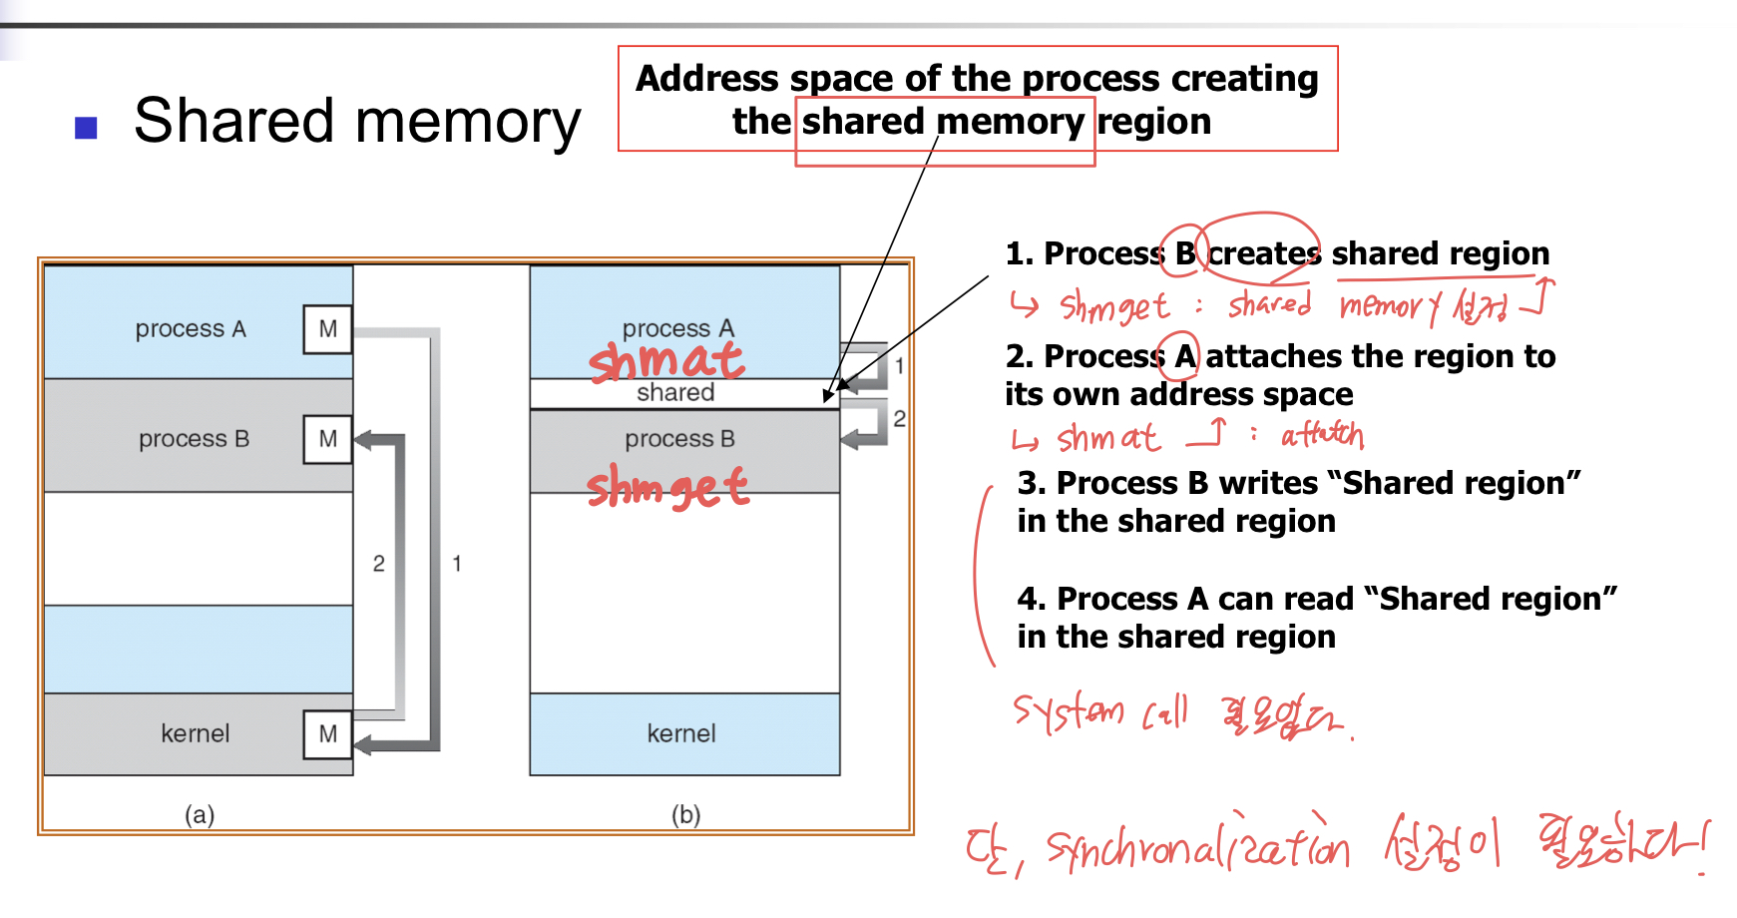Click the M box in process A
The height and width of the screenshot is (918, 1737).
(x=327, y=329)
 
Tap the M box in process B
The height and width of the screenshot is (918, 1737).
(x=327, y=439)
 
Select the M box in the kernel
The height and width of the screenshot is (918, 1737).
(x=327, y=734)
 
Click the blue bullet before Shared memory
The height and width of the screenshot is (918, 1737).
(x=87, y=128)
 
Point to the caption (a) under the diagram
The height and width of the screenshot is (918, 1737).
(x=200, y=814)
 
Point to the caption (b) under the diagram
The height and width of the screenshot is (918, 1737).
(x=685, y=814)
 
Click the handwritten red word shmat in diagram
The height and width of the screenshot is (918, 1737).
(x=665, y=361)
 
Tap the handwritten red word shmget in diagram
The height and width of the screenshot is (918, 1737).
(x=667, y=487)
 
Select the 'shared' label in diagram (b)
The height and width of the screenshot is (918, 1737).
(x=675, y=393)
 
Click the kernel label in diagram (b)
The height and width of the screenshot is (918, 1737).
(x=681, y=734)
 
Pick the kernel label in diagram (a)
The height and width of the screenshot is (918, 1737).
(x=196, y=734)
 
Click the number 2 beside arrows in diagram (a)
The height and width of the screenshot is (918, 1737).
(x=379, y=564)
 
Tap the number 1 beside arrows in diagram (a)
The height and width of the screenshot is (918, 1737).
(x=457, y=564)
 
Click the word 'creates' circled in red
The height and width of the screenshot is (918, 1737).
(x=1264, y=253)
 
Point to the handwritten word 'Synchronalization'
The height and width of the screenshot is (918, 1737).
(x=1197, y=848)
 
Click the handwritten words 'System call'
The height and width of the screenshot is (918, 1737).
(x=1100, y=711)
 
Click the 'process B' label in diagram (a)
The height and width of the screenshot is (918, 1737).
(x=195, y=439)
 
